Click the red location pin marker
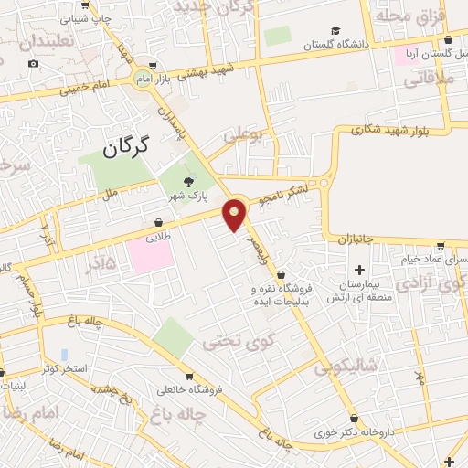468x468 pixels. coord(235,215)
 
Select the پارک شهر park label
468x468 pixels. coord(186,196)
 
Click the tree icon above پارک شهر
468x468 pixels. coord(189,181)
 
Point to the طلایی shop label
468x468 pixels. coord(158,236)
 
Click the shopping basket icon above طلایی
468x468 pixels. coord(159,222)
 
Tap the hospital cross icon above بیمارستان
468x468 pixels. coord(359,270)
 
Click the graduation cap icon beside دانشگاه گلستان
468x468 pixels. coord(335,30)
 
